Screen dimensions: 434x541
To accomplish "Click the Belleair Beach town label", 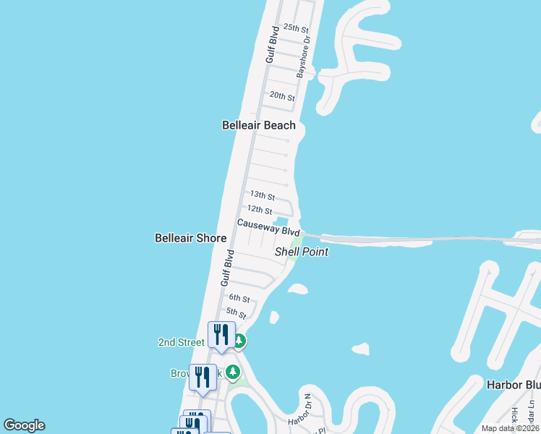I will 258,125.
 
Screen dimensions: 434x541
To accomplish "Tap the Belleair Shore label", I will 191,238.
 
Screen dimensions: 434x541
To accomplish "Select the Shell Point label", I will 302,252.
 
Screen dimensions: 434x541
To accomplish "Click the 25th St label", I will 296,27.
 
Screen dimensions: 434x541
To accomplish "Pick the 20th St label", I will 282,96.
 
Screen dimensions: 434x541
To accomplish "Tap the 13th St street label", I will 262,196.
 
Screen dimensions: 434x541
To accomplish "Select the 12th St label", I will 259,210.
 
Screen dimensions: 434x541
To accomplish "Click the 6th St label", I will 239,298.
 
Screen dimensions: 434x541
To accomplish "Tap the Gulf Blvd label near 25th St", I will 272,45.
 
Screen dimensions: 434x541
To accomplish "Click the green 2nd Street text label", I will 182,342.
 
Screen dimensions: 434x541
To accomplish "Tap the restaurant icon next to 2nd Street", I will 221,335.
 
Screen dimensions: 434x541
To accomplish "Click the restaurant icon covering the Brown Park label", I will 203,377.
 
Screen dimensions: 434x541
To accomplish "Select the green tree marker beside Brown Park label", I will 232,373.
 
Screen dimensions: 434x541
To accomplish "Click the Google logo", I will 24,425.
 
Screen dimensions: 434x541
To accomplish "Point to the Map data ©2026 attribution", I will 510,428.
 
